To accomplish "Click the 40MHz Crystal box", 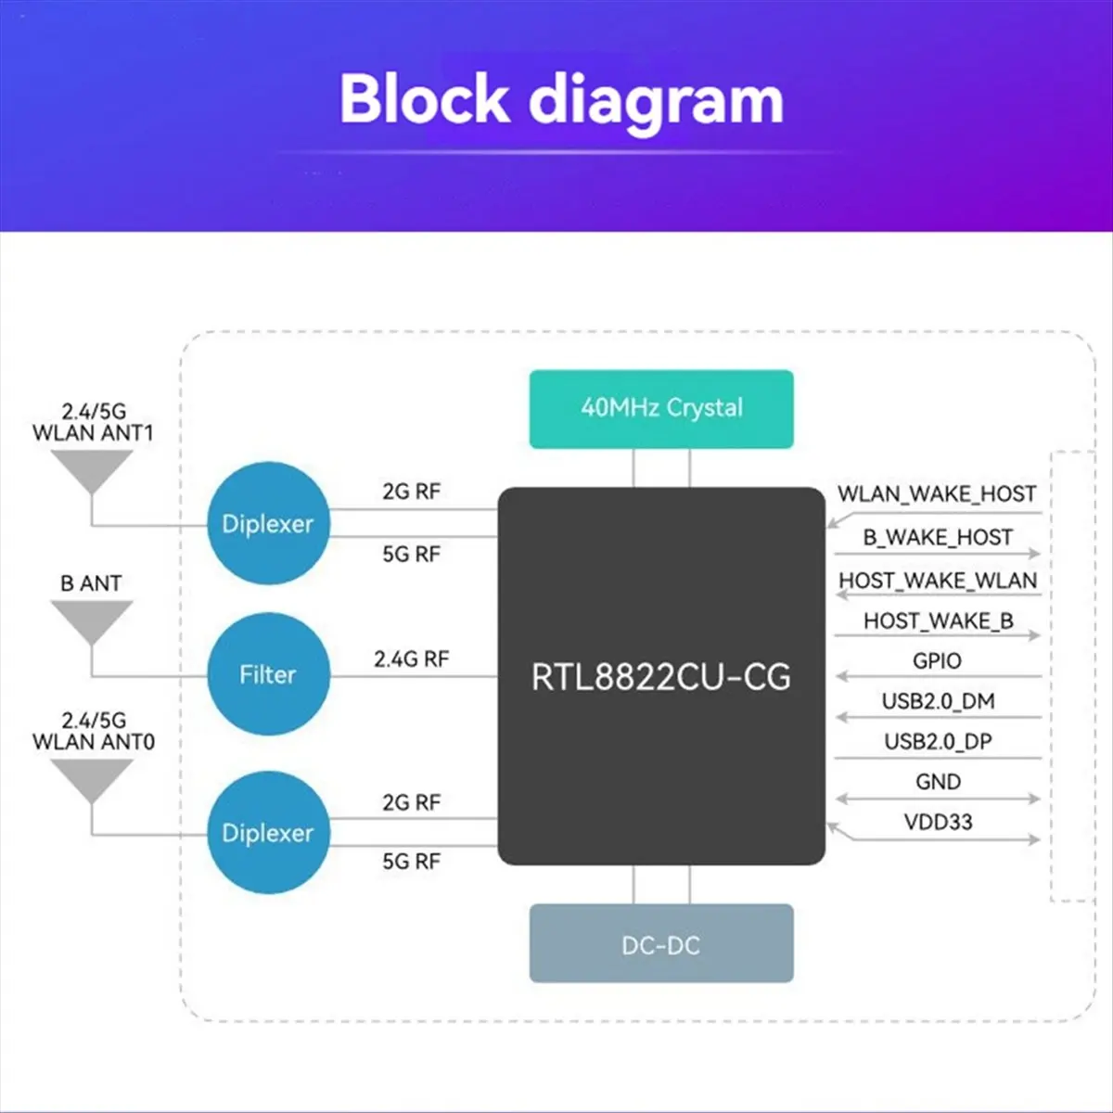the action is coord(661,409).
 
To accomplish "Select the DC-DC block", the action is coord(661,943).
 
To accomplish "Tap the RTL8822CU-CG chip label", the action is coord(661,677).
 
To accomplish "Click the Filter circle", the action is coord(269,674).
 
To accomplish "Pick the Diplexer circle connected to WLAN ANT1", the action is coord(269,523).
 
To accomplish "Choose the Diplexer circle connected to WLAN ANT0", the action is coord(269,832).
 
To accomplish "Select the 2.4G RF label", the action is coord(411,659).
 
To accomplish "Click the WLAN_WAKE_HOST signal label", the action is coord(937,493).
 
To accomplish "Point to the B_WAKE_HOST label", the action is coord(938,537).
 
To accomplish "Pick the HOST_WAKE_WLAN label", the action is coord(938,581).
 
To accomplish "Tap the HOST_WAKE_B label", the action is coord(939,620).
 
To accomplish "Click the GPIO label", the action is coord(937,660).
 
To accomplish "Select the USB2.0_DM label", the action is coord(938,701).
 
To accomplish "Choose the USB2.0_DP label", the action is coord(938,742).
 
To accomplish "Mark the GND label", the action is coord(938,782).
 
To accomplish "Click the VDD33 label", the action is coord(938,822).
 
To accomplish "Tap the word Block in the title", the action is coord(425,98).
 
